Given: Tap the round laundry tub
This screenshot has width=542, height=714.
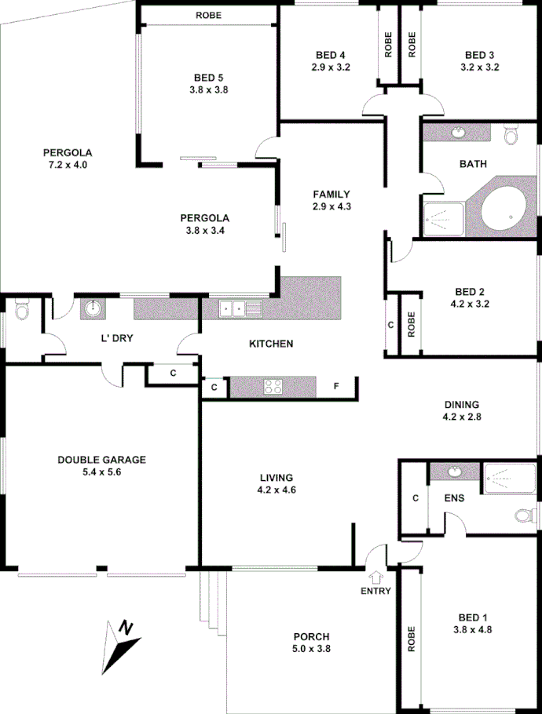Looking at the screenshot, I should [93, 308].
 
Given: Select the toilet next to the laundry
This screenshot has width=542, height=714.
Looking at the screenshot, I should [22, 311].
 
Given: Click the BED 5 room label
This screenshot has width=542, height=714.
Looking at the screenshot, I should [209, 77].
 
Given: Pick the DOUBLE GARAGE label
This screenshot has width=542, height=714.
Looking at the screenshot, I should [102, 460].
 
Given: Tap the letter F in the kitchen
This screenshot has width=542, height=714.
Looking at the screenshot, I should [335, 387].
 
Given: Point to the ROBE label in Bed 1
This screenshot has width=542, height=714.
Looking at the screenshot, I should [411, 639].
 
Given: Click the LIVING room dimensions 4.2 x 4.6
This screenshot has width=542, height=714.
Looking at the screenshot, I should [276, 490].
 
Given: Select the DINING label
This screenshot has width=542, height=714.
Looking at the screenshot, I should [461, 404].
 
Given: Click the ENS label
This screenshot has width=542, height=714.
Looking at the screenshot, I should [455, 497].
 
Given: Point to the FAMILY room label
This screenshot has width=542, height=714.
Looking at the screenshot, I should [331, 194].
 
